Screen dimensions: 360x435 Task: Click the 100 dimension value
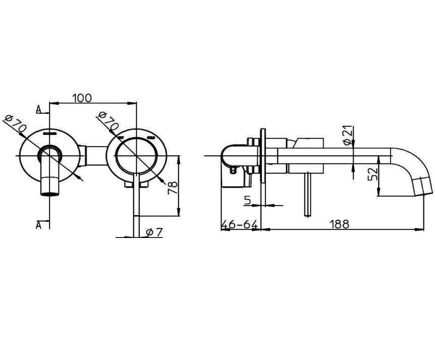82,98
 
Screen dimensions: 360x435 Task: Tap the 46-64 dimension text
240,225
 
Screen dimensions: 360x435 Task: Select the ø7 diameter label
154,232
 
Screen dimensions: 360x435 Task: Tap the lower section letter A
39,224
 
